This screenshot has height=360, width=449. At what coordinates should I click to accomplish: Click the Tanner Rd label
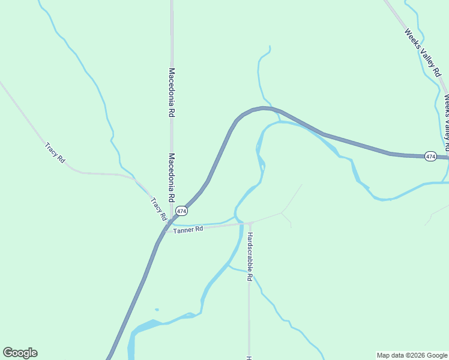point(188,229)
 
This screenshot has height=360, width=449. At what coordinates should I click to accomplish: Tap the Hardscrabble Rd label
point(250,257)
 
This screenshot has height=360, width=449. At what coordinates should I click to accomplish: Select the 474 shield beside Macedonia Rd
point(182,212)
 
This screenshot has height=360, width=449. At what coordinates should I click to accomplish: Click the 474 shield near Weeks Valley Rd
point(430,156)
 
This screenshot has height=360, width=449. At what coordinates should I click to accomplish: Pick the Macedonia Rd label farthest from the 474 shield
point(172,92)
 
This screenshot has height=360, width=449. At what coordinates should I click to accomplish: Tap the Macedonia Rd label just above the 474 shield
point(172,177)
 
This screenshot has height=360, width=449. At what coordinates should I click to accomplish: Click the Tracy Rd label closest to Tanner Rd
point(158,208)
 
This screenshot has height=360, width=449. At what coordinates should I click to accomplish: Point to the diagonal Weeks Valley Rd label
point(423,53)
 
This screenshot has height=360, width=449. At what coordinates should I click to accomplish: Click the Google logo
point(20,353)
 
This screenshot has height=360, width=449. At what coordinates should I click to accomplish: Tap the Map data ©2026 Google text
point(412,355)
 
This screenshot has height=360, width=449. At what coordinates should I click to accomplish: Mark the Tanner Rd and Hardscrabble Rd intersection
point(249,223)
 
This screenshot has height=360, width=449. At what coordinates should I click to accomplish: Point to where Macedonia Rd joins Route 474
point(172,217)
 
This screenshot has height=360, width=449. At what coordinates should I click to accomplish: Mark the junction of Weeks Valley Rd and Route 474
point(447,158)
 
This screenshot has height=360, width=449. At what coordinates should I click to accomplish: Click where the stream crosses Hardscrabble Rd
point(249,271)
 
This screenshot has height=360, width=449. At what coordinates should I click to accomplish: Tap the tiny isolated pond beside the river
point(157,310)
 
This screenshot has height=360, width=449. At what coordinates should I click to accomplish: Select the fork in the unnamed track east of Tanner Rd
point(282,212)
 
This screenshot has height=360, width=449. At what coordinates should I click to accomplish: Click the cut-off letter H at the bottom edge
point(249,358)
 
